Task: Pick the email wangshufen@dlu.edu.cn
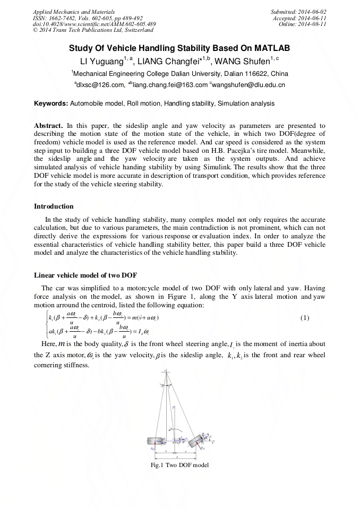pyautogui.click(x=249, y=85)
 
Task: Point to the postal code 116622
pyautogui.click(x=256, y=73)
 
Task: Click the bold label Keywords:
pyautogui.click(x=51, y=103)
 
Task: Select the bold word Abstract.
pyautogui.click(x=48, y=125)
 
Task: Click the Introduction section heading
pyautogui.click(x=54, y=206)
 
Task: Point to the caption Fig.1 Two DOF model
pyautogui.click(x=180, y=465)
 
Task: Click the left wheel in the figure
pyautogui.click(x=155, y=441)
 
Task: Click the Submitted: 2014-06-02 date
pyautogui.click(x=298, y=11)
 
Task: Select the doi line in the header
pyautogui.click(x=94, y=24)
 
